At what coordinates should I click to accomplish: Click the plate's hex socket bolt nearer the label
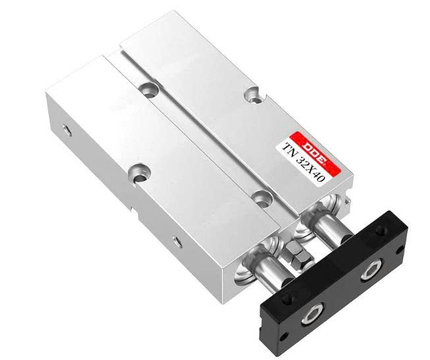point(369,270)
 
